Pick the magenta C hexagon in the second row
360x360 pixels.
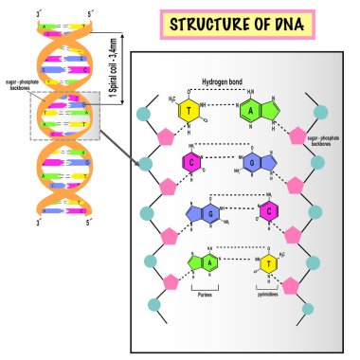tap(191, 163)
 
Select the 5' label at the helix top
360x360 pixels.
tap(88, 12)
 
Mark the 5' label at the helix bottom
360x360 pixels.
tap(88, 223)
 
